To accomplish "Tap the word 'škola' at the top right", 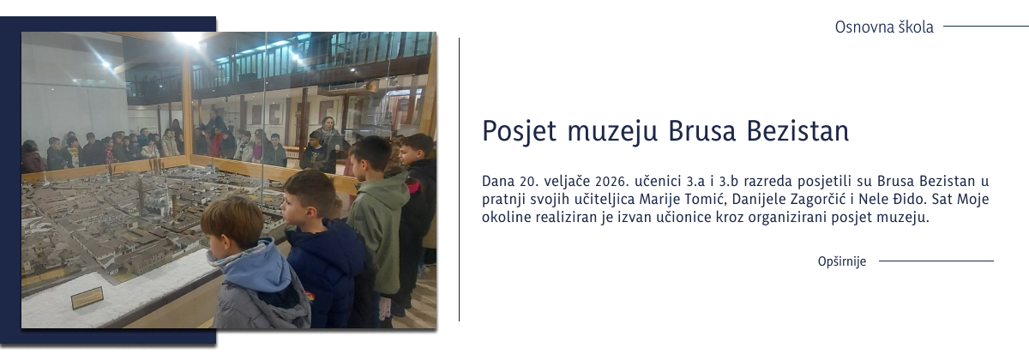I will [x=914, y=27].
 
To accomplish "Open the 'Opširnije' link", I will [x=842, y=261].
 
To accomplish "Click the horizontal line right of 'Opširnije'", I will [x=936, y=261].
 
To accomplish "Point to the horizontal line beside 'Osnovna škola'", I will [x=985, y=27].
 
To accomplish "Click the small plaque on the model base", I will [x=87, y=297].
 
